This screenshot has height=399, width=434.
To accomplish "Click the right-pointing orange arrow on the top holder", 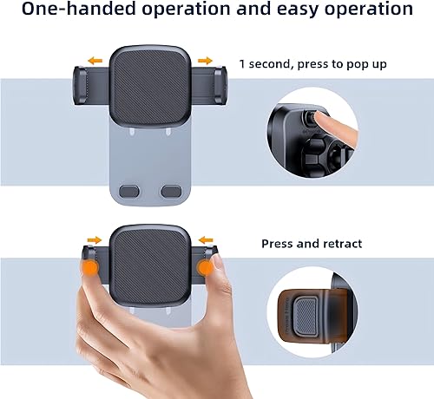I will (206, 61).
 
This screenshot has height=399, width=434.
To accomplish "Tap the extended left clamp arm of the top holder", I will (88, 86).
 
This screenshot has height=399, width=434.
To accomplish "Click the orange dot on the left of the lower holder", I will (91, 269).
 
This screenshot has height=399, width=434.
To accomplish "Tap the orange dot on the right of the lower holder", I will (205, 270).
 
